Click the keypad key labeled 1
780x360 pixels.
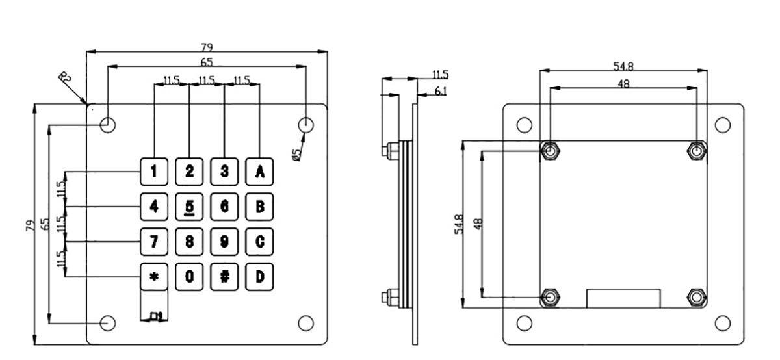pyautogui.click(x=154, y=172)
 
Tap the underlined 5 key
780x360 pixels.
pyautogui.click(x=189, y=207)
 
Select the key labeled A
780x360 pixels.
pyautogui.click(x=259, y=172)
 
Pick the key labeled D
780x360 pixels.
pyautogui.click(x=259, y=276)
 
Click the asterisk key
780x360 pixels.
pyautogui.click(x=154, y=276)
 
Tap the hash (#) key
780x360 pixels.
pyautogui.click(x=224, y=276)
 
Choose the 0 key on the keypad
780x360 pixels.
pyautogui.click(x=189, y=276)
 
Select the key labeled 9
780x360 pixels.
pyautogui.click(x=224, y=242)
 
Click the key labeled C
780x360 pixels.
pyautogui.click(x=259, y=242)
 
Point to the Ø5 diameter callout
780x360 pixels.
pyautogui.click(x=296, y=154)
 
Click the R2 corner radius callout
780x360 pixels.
pyautogui.click(x=65, y=78)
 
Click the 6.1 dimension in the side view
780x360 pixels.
pyautogui.click(x=440, y=92)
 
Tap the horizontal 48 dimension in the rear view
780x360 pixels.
pyautogui.click(x=623, y=83)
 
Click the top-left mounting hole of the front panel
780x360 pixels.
pyautogui.click(x=109, y=124)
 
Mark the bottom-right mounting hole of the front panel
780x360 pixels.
pyautogui.click(x=305, y=322)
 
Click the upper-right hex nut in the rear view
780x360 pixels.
pyautogui.click(x=697, y=151)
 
